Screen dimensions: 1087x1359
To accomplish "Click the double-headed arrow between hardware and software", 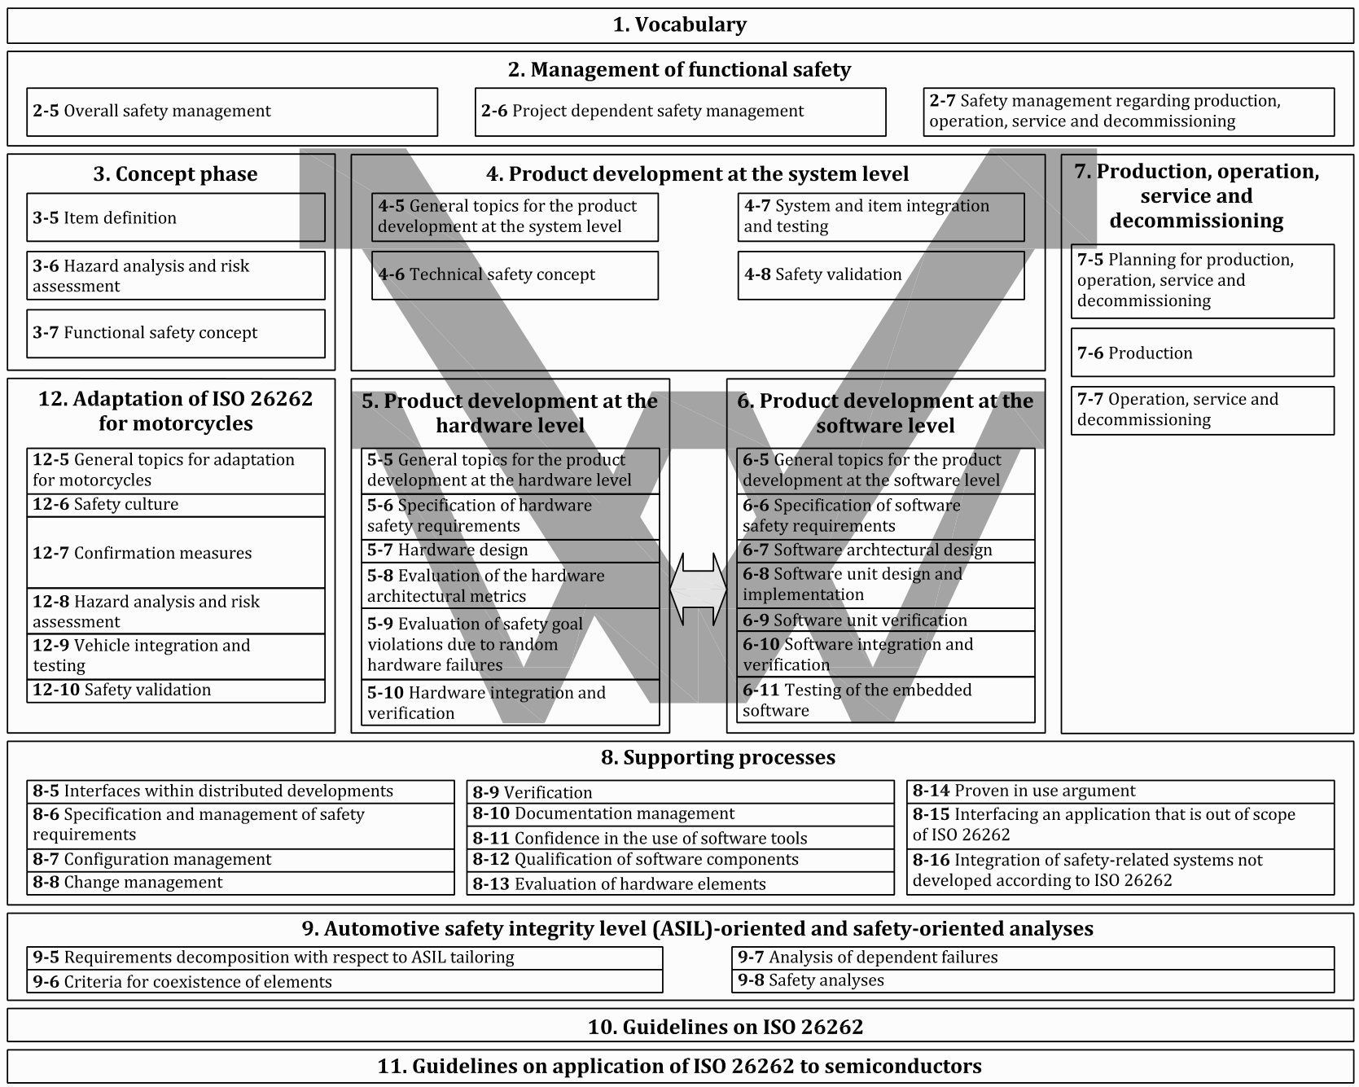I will (x=698, y=589).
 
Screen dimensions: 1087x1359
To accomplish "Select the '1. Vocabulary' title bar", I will (x=679, y=25).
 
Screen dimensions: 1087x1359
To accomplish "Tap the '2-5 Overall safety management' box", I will (x=231, y=112).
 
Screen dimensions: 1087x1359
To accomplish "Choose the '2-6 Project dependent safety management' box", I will (x=679, y=112).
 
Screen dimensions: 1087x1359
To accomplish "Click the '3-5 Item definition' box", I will (x=175, y=217).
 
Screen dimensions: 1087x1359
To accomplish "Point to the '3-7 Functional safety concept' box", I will (x=175, y=333).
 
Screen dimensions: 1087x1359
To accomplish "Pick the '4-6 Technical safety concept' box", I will (x=514, y=275).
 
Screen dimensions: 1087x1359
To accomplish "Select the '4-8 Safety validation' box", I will (x=880, y=275).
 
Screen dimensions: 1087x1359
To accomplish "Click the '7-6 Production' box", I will (x=1202, y=353).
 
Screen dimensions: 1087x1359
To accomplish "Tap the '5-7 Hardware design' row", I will (x=510, y=550).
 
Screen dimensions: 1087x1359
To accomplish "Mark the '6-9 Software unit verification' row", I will (x=885, y=620).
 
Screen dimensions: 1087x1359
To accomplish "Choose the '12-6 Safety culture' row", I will (x=175, y=505).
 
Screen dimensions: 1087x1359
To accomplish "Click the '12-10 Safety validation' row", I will (x=175, y=690).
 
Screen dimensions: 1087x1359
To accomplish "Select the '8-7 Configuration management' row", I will (x=240, y=860).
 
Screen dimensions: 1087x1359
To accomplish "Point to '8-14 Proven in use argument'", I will (x=1120, y=791).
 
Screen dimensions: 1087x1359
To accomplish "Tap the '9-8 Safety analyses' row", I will (x=1032, y=981).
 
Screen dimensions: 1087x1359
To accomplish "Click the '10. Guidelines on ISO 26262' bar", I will (x=679, y=1027).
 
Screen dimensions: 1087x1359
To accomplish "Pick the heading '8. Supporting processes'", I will (x=717, y=757).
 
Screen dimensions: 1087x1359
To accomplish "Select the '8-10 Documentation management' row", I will (x=680, y=814).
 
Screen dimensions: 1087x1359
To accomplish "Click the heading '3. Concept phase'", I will (x=175, y=174).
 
